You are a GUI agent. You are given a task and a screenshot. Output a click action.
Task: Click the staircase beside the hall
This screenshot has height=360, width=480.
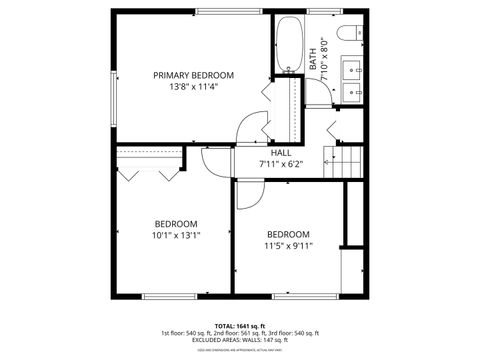pyautogui.click(x=347, y=162)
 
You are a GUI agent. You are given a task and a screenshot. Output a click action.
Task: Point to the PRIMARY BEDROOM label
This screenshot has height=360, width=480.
pyautogui.click(x=193, y=75)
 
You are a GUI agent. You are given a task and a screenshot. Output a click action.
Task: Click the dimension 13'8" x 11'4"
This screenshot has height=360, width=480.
pyautogui.click(x=193, y=87)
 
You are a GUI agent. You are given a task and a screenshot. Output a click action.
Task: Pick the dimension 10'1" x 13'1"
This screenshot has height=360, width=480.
pyautogui.click(x=175, y=236)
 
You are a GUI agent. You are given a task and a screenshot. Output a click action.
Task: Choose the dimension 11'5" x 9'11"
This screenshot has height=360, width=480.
pyautogui.click(x=288, y=245)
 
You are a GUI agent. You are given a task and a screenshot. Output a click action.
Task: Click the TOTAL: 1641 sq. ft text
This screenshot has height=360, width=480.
pyautogui.click(x=239, y=326)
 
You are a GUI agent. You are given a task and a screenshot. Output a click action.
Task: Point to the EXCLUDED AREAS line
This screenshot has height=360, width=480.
pyautogui.click(x=239, y=340)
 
